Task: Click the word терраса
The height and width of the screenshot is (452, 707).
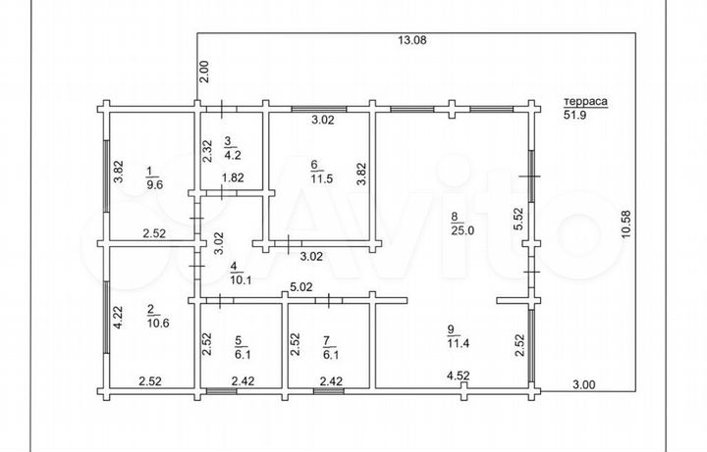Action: tap(585, 102)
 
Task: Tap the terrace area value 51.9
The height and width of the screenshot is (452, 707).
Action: tap(574, 115)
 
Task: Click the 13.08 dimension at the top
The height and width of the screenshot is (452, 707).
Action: tap(411, 40)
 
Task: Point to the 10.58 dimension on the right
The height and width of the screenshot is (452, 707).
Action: tap(626, 225)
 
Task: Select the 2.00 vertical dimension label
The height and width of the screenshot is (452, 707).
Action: tap(204, 72)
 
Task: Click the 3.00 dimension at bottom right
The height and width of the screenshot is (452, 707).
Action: tap(584, 384)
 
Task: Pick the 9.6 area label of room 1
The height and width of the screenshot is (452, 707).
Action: tap(154, 184)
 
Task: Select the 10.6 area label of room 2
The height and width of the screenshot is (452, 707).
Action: tap(158, 323)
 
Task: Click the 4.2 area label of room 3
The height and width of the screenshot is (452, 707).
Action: tap(233, 155)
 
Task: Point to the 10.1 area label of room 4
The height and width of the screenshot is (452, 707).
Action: tap(241, 280)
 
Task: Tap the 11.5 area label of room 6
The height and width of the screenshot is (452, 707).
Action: tap(322, 178)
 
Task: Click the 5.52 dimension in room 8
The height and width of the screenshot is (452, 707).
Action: tap(519, 219)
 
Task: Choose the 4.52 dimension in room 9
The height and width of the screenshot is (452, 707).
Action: tap(459, 376)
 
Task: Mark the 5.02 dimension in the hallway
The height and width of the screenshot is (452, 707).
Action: tap(301, 287)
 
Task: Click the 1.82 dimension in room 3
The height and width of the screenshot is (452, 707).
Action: tap(233, 177)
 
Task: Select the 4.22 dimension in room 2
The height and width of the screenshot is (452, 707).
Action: tap(118, 318)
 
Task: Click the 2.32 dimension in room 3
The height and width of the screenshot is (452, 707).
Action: tap(207, 151)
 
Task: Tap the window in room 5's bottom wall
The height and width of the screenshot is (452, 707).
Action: tap(221, 391)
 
